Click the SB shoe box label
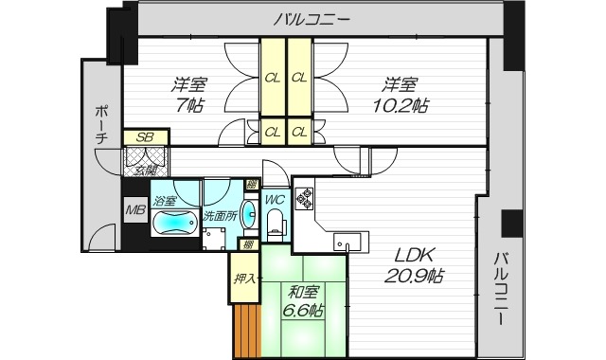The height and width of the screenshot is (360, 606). pyautogui.click(x=145, y=137)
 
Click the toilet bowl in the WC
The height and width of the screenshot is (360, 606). pyautogui.click(x=276, y=223)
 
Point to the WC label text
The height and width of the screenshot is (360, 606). pyautogui.click(x=275, y=199)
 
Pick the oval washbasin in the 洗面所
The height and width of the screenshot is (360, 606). pyautogui.click(x=248, y=213)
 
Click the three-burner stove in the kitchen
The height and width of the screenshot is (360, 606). pyautogui.click(x=306, y=197)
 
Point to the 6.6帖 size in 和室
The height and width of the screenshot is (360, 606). pyautogui.click(x=301, y=310)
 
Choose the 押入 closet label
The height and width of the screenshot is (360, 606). pyautogui.click(x=242, y=279)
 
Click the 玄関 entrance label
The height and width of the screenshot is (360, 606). pyautogui.click(x=146, y=170)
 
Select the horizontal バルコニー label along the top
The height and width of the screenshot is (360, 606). pyautogui.click(x=315, y=18)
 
